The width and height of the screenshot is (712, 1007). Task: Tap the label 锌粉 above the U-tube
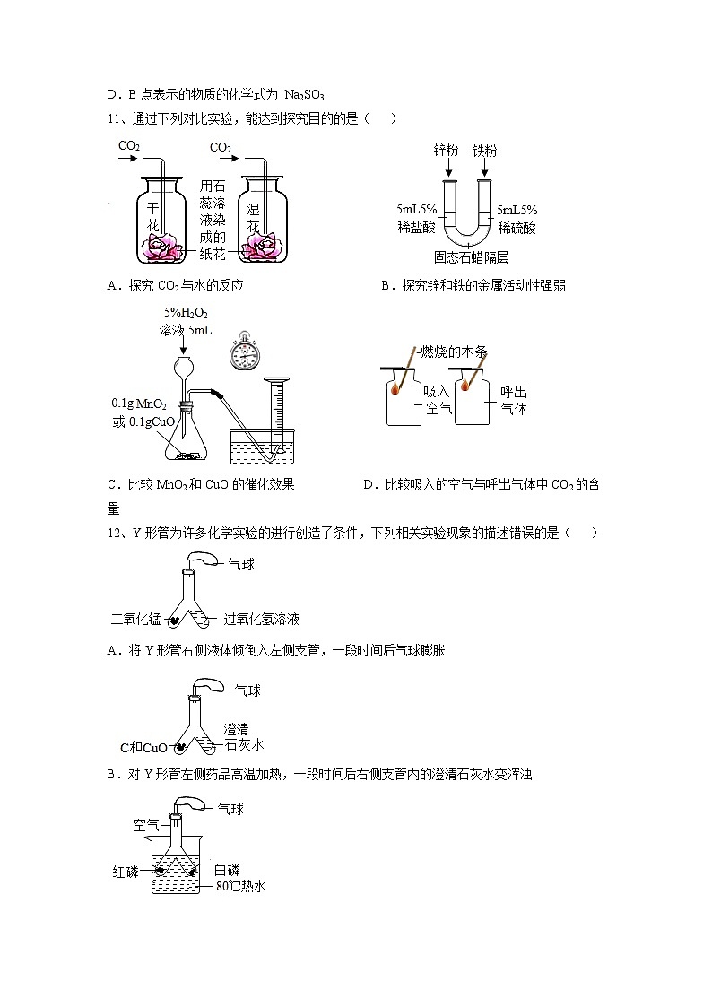447,150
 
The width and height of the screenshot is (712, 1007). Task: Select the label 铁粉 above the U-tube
484,150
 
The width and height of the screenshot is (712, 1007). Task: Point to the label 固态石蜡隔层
470,257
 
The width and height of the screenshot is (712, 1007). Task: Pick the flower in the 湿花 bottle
264,248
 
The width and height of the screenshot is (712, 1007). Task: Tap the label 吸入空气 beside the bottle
436,400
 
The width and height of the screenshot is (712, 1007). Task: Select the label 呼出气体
513,400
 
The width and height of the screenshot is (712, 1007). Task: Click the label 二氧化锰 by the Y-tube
135,619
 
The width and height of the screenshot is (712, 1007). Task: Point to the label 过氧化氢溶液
261,619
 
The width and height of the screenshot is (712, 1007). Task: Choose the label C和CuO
143,747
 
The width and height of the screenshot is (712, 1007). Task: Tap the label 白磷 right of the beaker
226,870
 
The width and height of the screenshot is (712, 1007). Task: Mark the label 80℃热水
241,887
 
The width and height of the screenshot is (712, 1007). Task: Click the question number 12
113,533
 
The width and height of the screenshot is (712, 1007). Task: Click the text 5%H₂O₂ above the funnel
186,313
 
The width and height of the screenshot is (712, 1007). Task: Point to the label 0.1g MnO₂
139,404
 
